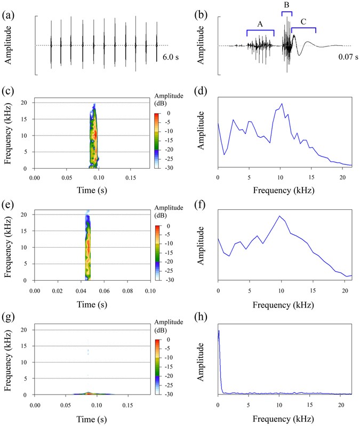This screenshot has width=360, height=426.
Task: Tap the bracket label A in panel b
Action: [x=260, y=23]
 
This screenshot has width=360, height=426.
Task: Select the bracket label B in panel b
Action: [x=286, y=5]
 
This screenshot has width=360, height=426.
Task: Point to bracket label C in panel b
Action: [x=303, y=21]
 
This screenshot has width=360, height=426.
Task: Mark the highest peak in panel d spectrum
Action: [x=281, y=104]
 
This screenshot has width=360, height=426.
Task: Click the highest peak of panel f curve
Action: [x=279, y=216]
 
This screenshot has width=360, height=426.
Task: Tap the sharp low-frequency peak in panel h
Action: [x=219, y=331]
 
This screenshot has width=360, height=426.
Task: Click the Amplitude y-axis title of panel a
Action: [x=9, y=45]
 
